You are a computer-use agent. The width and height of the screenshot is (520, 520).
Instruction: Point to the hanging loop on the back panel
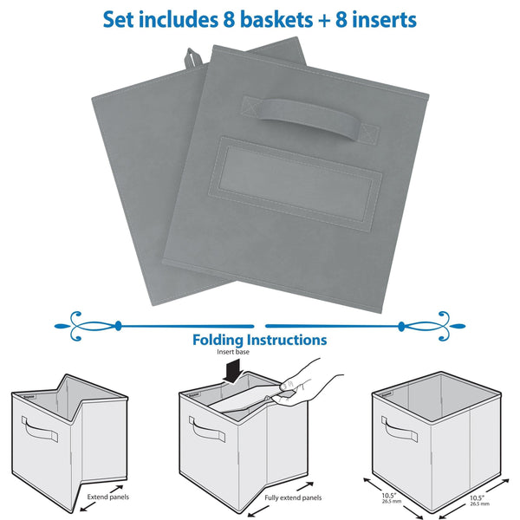(x=192, y=62)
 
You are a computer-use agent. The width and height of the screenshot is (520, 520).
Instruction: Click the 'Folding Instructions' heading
(x=259, y=341)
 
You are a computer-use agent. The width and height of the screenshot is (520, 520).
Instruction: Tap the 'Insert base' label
(x=232, y=354)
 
